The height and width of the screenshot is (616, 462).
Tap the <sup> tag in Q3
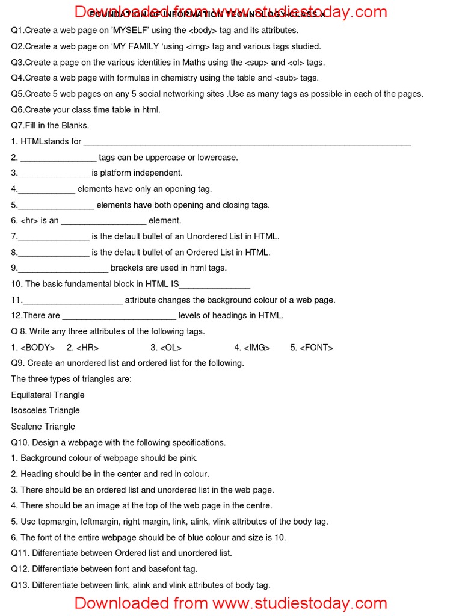click(x=256, y=62)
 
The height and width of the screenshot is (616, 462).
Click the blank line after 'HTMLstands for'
click(x=247, y=143)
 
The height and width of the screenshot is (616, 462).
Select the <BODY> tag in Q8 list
click(x=37, y=347)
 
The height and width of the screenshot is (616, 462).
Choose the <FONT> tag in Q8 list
click(x=316, y=347)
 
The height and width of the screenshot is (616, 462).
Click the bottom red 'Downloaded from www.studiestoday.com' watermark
click(x=231, y=603)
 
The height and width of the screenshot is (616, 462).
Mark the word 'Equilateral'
click(x=31, y=395)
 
